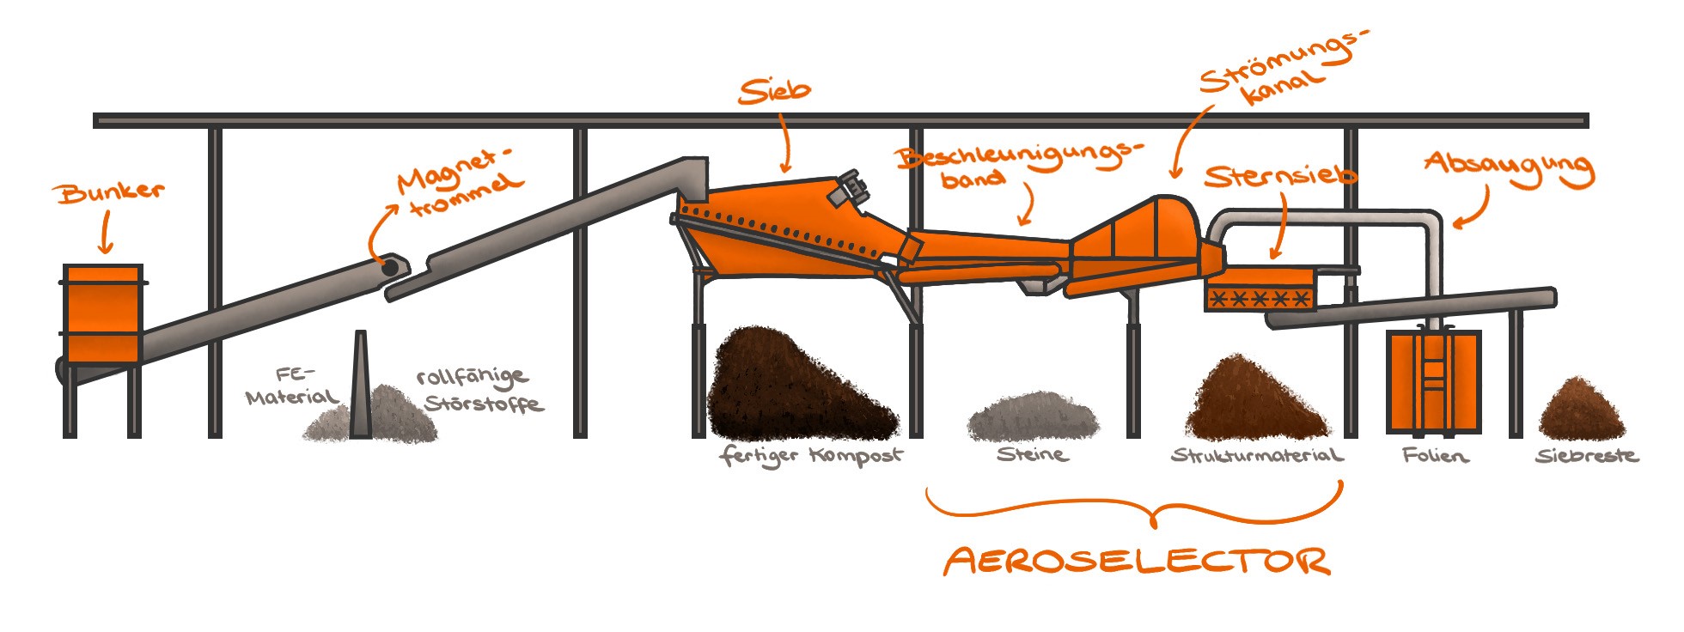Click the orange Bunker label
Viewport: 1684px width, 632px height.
pos(111,192)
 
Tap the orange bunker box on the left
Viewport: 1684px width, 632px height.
pos(103,313)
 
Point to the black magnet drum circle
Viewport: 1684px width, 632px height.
pos(390,268)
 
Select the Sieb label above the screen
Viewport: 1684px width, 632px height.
pos(774,91)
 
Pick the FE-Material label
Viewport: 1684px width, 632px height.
pos(293,386)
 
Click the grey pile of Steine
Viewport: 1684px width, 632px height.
pos(1031,416)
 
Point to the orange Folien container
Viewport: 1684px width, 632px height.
pos(1433,381)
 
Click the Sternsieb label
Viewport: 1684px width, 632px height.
pos(1280,177)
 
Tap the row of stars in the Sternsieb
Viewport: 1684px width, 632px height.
pos(1259,299)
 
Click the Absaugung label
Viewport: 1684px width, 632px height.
pos(1509,167)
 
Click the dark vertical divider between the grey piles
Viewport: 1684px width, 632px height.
pos(361,386)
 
